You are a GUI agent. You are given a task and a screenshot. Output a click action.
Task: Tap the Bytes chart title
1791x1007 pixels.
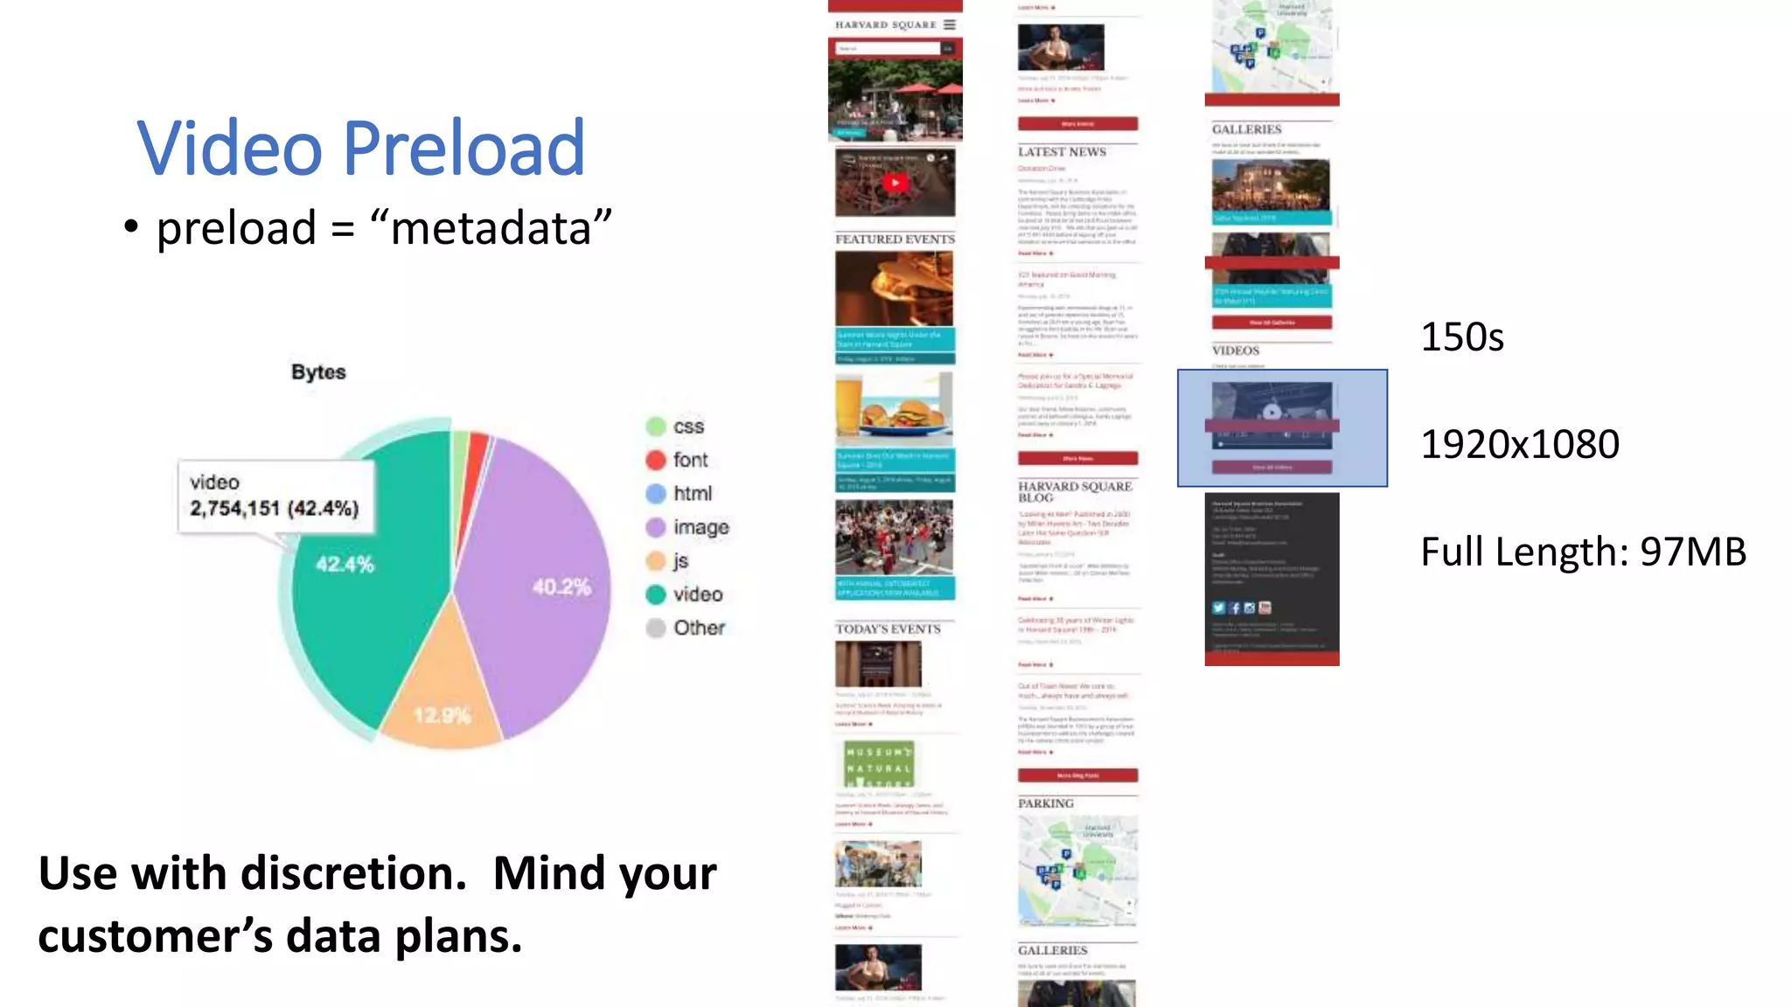[x=318, y=372]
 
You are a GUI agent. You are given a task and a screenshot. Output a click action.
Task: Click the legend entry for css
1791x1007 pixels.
[x=687, y=427]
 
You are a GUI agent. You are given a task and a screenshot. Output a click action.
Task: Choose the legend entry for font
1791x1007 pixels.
[x=689, y=460]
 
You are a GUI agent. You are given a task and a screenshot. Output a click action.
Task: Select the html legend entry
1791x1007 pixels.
[x=692, y=494]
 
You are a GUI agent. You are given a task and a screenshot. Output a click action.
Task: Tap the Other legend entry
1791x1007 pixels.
[x=698, y=628]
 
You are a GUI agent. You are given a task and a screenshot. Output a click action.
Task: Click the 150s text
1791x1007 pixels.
[x=1461, y=337]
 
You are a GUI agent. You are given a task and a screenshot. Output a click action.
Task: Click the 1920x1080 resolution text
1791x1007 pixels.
[x=1519, y=445]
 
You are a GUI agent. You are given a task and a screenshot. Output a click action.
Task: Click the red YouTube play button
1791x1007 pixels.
[x=895, y=183]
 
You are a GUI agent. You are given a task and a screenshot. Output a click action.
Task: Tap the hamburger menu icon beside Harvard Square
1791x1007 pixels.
[x=949, y=24]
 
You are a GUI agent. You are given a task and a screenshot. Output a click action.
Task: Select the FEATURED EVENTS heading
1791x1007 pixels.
[x=895, y=239]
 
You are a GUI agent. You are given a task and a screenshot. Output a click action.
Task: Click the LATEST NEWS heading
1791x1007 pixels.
[x=1062, y=152]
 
